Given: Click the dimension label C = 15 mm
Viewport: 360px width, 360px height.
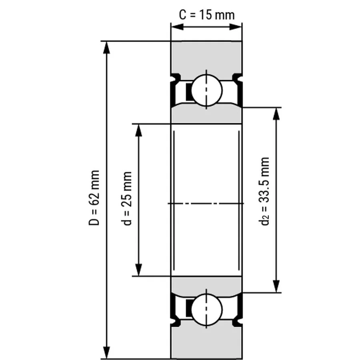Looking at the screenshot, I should point(206,15).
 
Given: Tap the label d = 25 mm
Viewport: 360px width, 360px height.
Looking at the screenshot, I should point(127,198).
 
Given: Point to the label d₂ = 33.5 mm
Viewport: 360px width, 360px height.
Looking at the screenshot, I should point(265,191).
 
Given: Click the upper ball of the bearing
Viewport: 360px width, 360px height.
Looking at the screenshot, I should point(206,90).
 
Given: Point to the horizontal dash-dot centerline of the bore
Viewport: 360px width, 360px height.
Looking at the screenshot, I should point(206,204).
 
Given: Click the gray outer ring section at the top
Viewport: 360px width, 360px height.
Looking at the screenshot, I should point(206,56).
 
